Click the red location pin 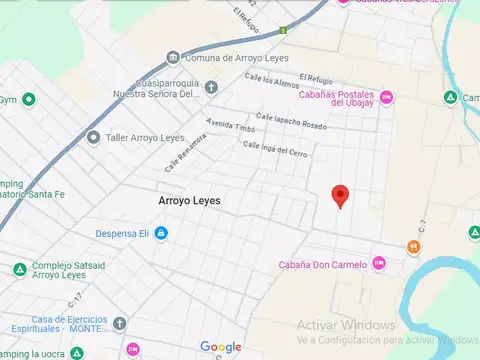pyautogui.click(x=340, y=196)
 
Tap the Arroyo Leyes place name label pyautogui.click(x=189, y=201)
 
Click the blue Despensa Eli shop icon pyautogui.click(x=160, y=234)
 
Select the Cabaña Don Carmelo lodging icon pyautogui.click(x=378, y=264)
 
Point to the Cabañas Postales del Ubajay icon pyautogui.click(x=387, y=96)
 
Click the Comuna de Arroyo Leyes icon pyautogui.click(x=173, y=58)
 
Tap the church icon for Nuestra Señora pyautogui.click(x=210, y=87)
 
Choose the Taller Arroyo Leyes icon pyautogui.click(x=93, y=138)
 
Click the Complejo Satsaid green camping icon pyautogui.click(x=19, y=269)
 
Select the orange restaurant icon pyautogui.click(x=413, y=247)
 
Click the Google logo pyautogui.click(x=221, y=347)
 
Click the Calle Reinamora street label pyautogui.click(x=186, y=150)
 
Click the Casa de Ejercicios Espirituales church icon pyautogui.click(x=119, y=324)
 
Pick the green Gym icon pyautogui.click(x=29, y=99)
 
